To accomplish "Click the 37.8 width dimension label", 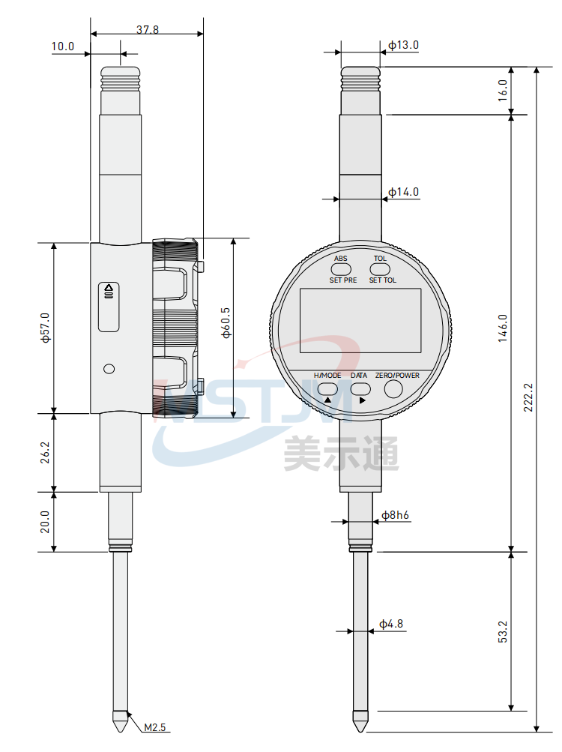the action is click(x=147, y=29).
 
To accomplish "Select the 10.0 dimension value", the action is click(x=63, y=46).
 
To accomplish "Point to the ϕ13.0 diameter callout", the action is click(x=403, y=45).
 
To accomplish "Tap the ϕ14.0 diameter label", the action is click(x=403, y=192).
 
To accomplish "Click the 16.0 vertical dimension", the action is click(x=502, y=90).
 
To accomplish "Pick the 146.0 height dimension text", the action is click(x=502, y=328).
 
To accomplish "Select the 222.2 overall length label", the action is click(x=528, y=397).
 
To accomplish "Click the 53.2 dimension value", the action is click(x=502, y=631).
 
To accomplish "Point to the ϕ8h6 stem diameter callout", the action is click(x=395, y=515).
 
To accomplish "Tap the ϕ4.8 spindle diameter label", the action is click(x=391, y=624).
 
